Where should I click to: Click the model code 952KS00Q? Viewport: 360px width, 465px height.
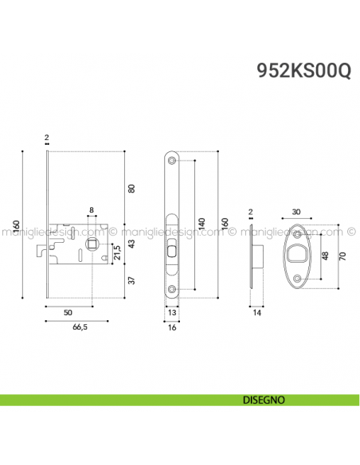click(303, 71)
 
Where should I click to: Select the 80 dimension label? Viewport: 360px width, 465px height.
click(132, 188)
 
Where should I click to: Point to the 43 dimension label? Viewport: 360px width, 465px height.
click(132, 243)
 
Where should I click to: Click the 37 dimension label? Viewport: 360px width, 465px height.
click(132, 280)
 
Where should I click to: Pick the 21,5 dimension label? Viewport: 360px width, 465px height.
click(118, 253)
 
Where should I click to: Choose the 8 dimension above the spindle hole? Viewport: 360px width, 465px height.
click(92, 210)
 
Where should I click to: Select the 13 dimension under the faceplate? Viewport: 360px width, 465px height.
click(173, 313)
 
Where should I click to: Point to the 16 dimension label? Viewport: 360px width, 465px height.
click(173, 327)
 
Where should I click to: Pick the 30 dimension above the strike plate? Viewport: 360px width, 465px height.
click(296, 212)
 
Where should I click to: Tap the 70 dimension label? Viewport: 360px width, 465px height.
click(342, 256)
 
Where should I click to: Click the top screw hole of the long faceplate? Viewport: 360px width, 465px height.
click(173, 163)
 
